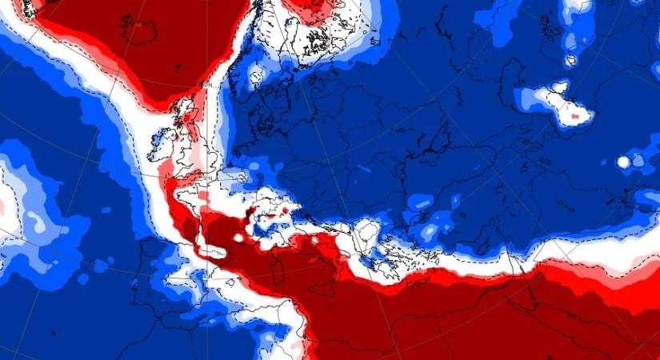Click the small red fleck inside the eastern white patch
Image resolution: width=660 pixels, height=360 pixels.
[x=575, y=118]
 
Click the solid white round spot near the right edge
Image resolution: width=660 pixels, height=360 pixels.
[x=623, y=162]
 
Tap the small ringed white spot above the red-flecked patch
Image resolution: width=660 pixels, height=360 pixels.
[x=570, y=60]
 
